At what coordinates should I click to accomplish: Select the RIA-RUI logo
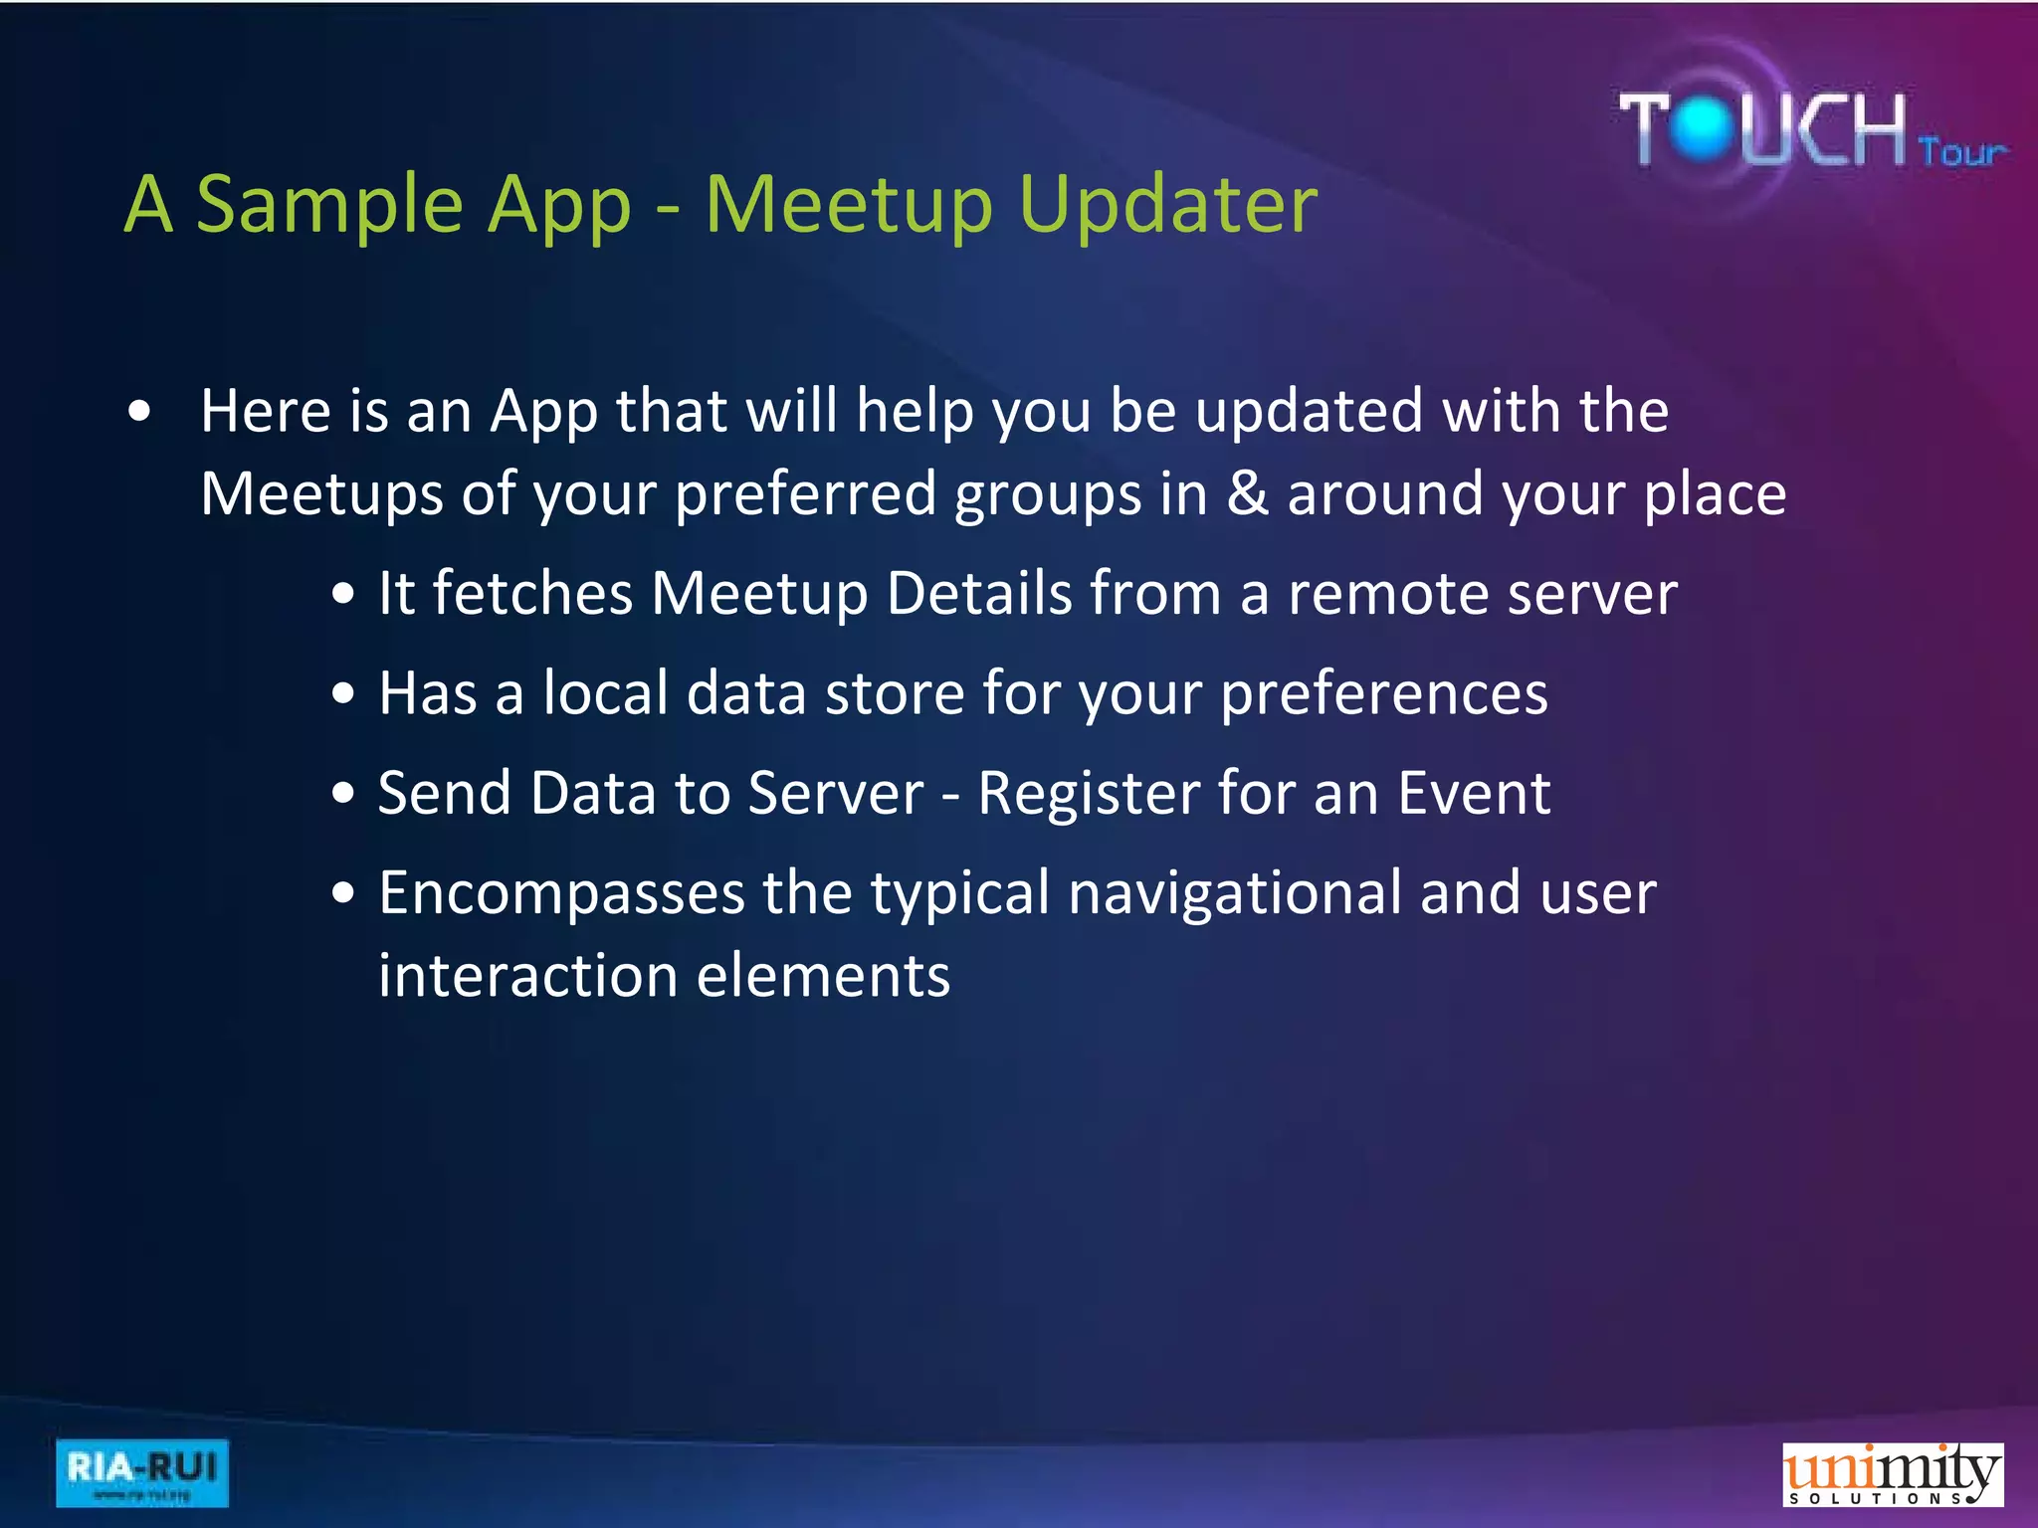pos(141,1472)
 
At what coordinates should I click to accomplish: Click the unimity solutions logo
pos(1892,1474)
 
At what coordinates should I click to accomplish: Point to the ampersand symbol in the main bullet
pos(1247,493)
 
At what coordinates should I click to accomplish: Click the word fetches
pos(532,595)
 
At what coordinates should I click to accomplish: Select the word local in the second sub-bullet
pos(605,693)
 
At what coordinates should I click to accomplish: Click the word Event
pos(1474,795)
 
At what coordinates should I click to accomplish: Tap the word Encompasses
pos(561,894)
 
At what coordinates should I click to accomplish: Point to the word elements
pos(823,977)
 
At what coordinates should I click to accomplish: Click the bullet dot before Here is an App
pos(140,412)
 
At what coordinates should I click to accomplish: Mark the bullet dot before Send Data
pos(343,794)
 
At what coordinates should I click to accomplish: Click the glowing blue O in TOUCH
pos(1705,128)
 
